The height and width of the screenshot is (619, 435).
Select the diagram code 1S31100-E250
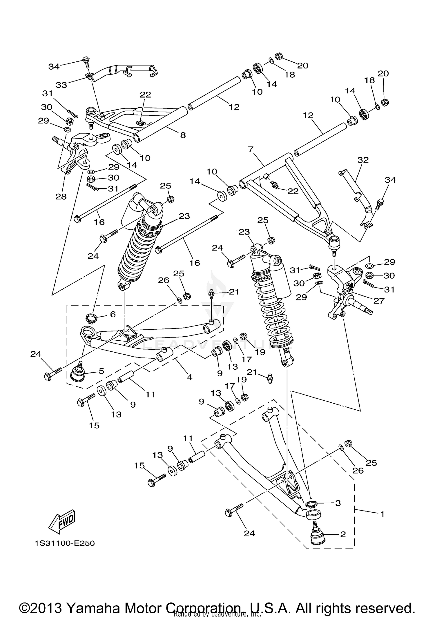tap(65, 543)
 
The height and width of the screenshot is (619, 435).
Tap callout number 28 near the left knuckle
tap(61, 197)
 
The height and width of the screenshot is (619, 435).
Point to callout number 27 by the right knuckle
tap(379, 301)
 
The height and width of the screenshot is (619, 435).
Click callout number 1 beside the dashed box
tap(382, 514)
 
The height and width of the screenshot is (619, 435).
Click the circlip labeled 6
tap(91, 318)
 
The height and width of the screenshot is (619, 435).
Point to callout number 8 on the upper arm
tap(183, 135)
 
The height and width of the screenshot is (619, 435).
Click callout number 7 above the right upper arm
tap(251, 150)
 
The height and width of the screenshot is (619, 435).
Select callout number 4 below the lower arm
tap(189, 377)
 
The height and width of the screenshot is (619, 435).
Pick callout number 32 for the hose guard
tap(363, 160)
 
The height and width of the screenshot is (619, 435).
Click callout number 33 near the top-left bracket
tap(61, 85)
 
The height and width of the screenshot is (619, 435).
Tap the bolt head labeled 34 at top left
tap(86, 60)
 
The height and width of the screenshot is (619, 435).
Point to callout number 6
tap(113, 314)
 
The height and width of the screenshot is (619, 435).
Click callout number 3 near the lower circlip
tap(338, 503)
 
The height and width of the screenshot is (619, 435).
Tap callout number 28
tap(61, 197)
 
